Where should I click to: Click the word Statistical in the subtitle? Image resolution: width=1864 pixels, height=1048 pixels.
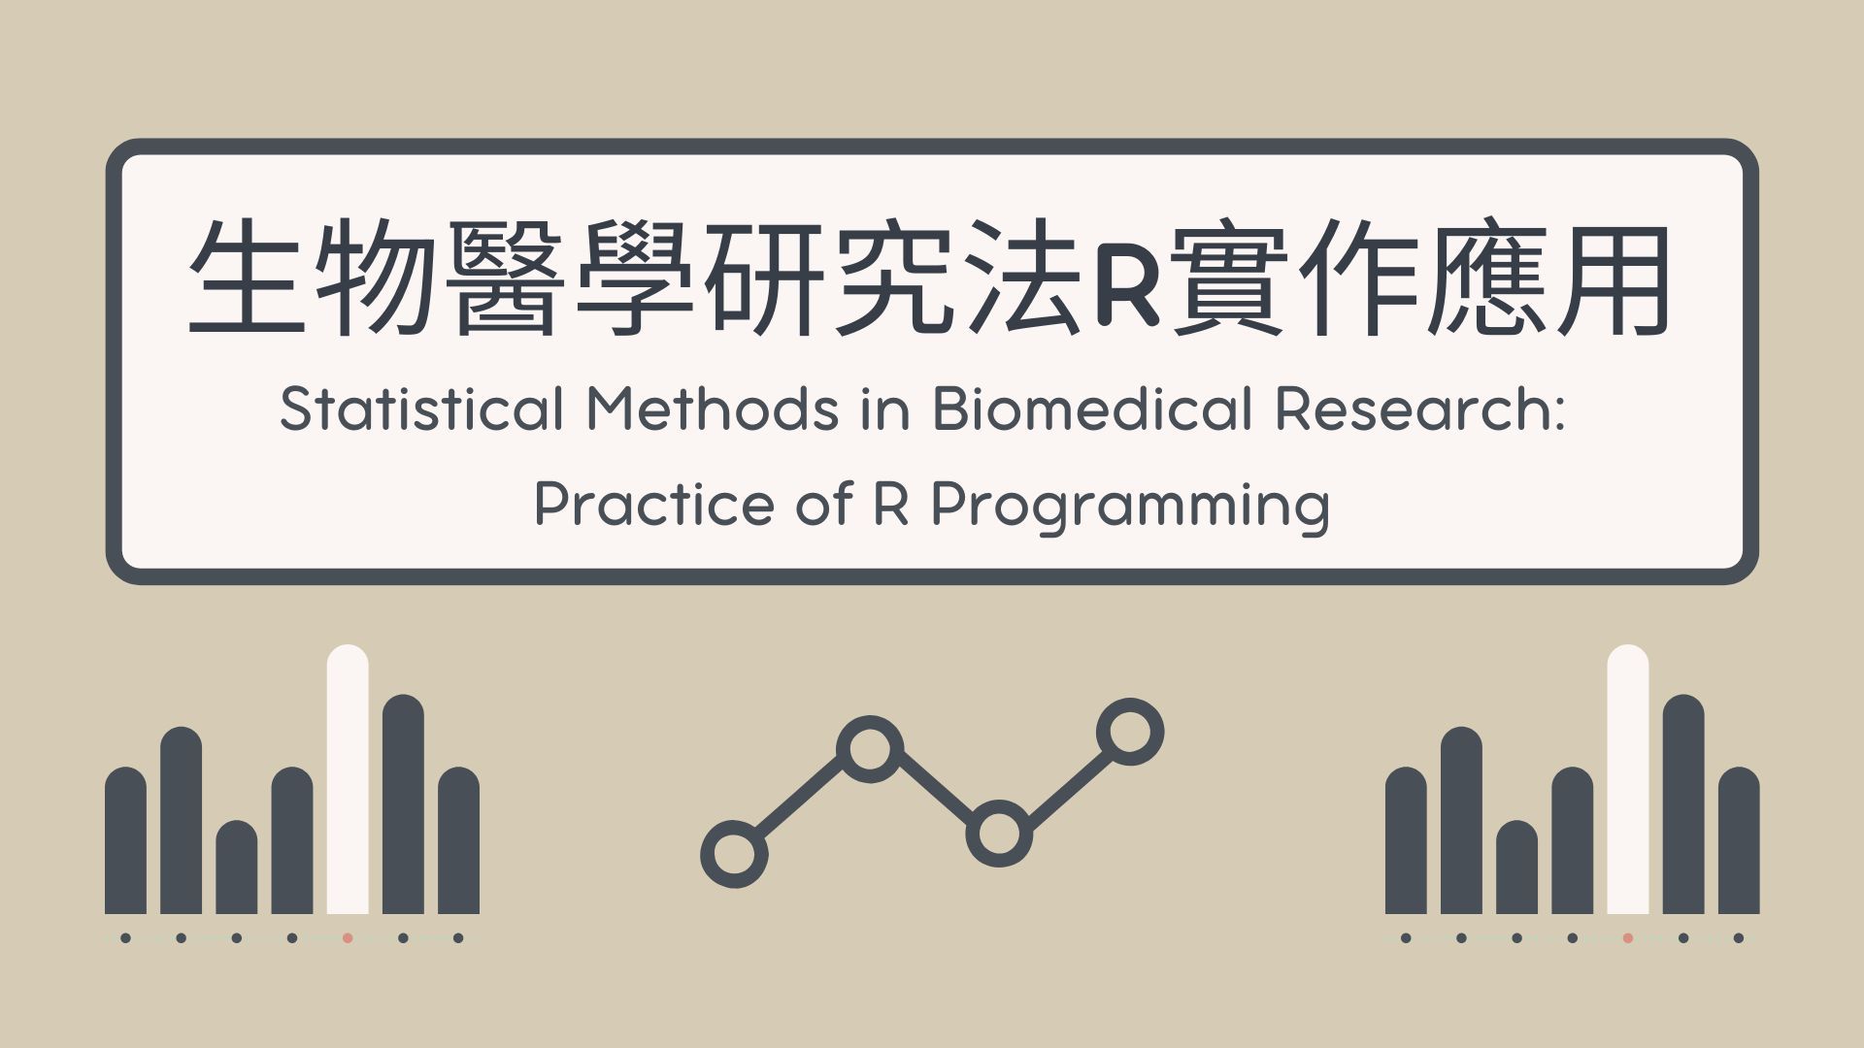coord(421,409)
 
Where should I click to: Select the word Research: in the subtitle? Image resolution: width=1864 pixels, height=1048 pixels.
coord(1419,409)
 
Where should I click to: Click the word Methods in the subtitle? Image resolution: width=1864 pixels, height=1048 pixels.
coord(713,409)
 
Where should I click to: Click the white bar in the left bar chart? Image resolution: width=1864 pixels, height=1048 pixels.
coord(348,779)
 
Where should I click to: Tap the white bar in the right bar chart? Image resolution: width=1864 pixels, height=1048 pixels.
coord(1628,779)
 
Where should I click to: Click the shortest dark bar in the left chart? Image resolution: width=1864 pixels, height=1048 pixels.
coord(237,867)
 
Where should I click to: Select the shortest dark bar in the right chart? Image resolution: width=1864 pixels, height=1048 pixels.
coord(1517,867)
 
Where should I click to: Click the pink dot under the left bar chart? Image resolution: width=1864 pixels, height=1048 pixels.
coord(348,938)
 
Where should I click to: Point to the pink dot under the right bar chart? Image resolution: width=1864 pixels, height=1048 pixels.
coord(1628,938)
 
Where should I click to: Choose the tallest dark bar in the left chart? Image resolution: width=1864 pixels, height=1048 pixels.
coord(403,804)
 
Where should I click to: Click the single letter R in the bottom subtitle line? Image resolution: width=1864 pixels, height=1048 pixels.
coord(892,505)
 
